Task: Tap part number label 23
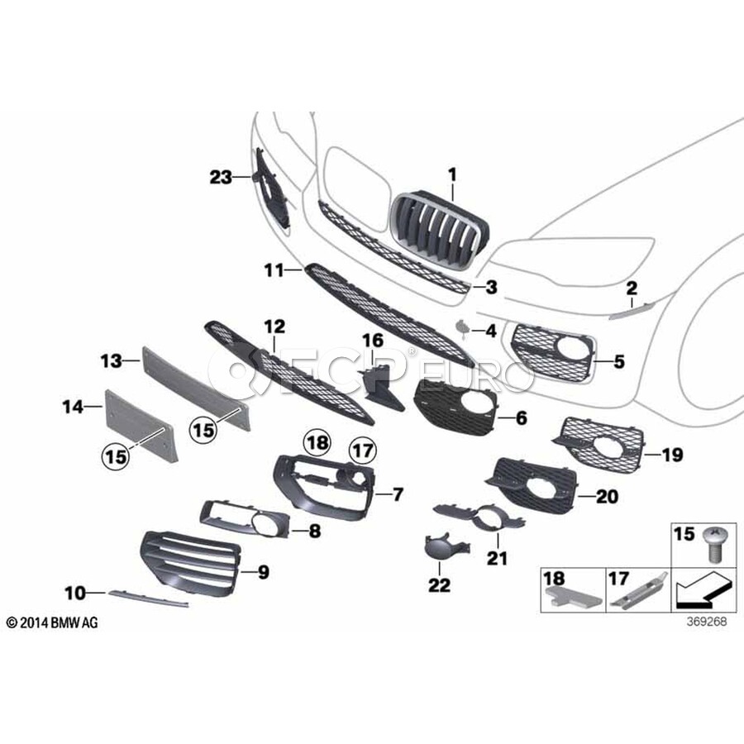click(x=221, y=176)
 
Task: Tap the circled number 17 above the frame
click(x=361, y=451)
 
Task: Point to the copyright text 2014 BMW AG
click(x=51, y=622)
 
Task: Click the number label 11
click(x=274, y=269)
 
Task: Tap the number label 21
click(x=497, y=558)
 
